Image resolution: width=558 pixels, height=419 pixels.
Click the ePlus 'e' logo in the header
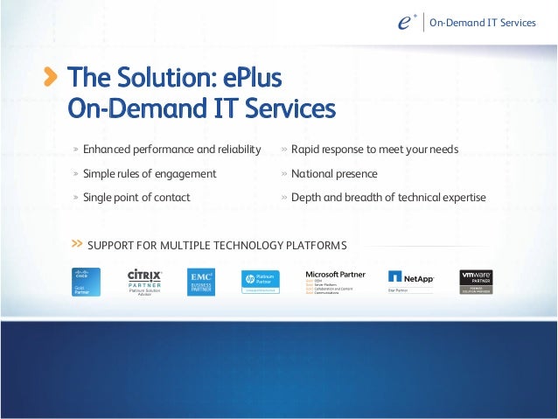(403, 23)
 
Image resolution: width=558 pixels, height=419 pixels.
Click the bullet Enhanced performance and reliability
(171, 150)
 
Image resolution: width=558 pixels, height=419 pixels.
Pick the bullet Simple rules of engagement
(150, 173)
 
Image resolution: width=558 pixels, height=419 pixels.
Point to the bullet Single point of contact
(136, 197)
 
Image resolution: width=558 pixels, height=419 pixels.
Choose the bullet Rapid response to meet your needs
(374, 150)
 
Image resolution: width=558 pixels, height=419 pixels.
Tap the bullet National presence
(334, 173)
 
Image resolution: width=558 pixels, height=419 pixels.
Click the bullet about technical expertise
(388, 197)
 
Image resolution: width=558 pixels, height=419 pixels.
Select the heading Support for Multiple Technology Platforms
(217, 244)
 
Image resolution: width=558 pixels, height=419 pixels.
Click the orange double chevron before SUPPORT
(77, 243)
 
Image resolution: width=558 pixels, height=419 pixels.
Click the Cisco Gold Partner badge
(86, 283)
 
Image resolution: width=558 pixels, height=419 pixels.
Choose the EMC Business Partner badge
(201, 283)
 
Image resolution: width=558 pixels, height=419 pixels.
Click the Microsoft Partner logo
(335, 282)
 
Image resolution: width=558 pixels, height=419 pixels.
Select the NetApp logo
(411, 279)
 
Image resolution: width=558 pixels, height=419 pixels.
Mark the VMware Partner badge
(477, 282)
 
